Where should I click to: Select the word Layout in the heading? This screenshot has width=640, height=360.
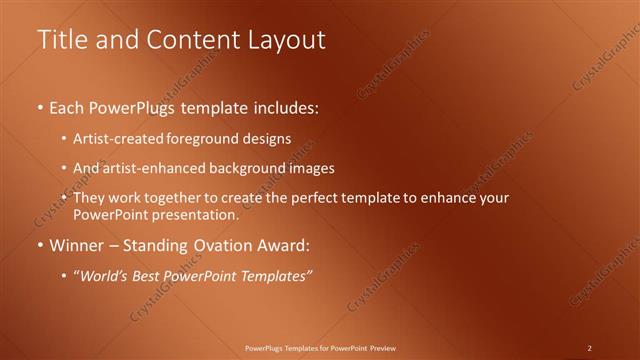tap(284, 40)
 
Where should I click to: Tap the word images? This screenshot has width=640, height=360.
tap(308, 169)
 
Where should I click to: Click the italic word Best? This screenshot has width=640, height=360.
tap(149, 275)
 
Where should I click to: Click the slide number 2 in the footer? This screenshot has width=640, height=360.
tap(590, 348)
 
